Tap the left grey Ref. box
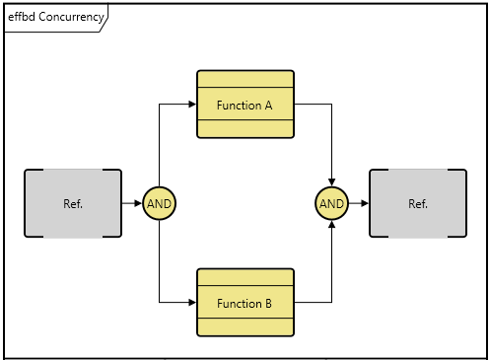click(x=73, y=204)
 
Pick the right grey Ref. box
click(x=418, y=204)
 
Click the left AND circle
click(x=160, y=204)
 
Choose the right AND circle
click(x=332, y=204)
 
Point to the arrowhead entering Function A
click(x=192, y=104)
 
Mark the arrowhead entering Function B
click(x=192, y=303)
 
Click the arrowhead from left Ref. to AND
click(x=138, y=204)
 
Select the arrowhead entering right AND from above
click(x=332, y=182)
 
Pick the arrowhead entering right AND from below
click(x=332, y=226)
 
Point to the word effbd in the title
click(x=22, y=17)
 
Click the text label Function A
click(x=244, y=105)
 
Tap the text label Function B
click(x=244, y=304)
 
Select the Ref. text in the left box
click(x=73, y=204)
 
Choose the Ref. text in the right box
click(x=418, y=204)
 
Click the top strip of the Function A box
click(x=245, y=80)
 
